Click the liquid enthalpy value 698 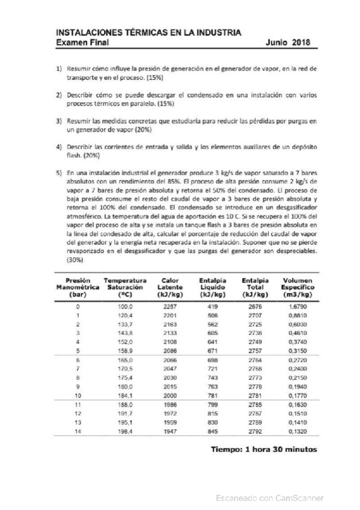212,359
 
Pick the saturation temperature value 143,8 124,333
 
